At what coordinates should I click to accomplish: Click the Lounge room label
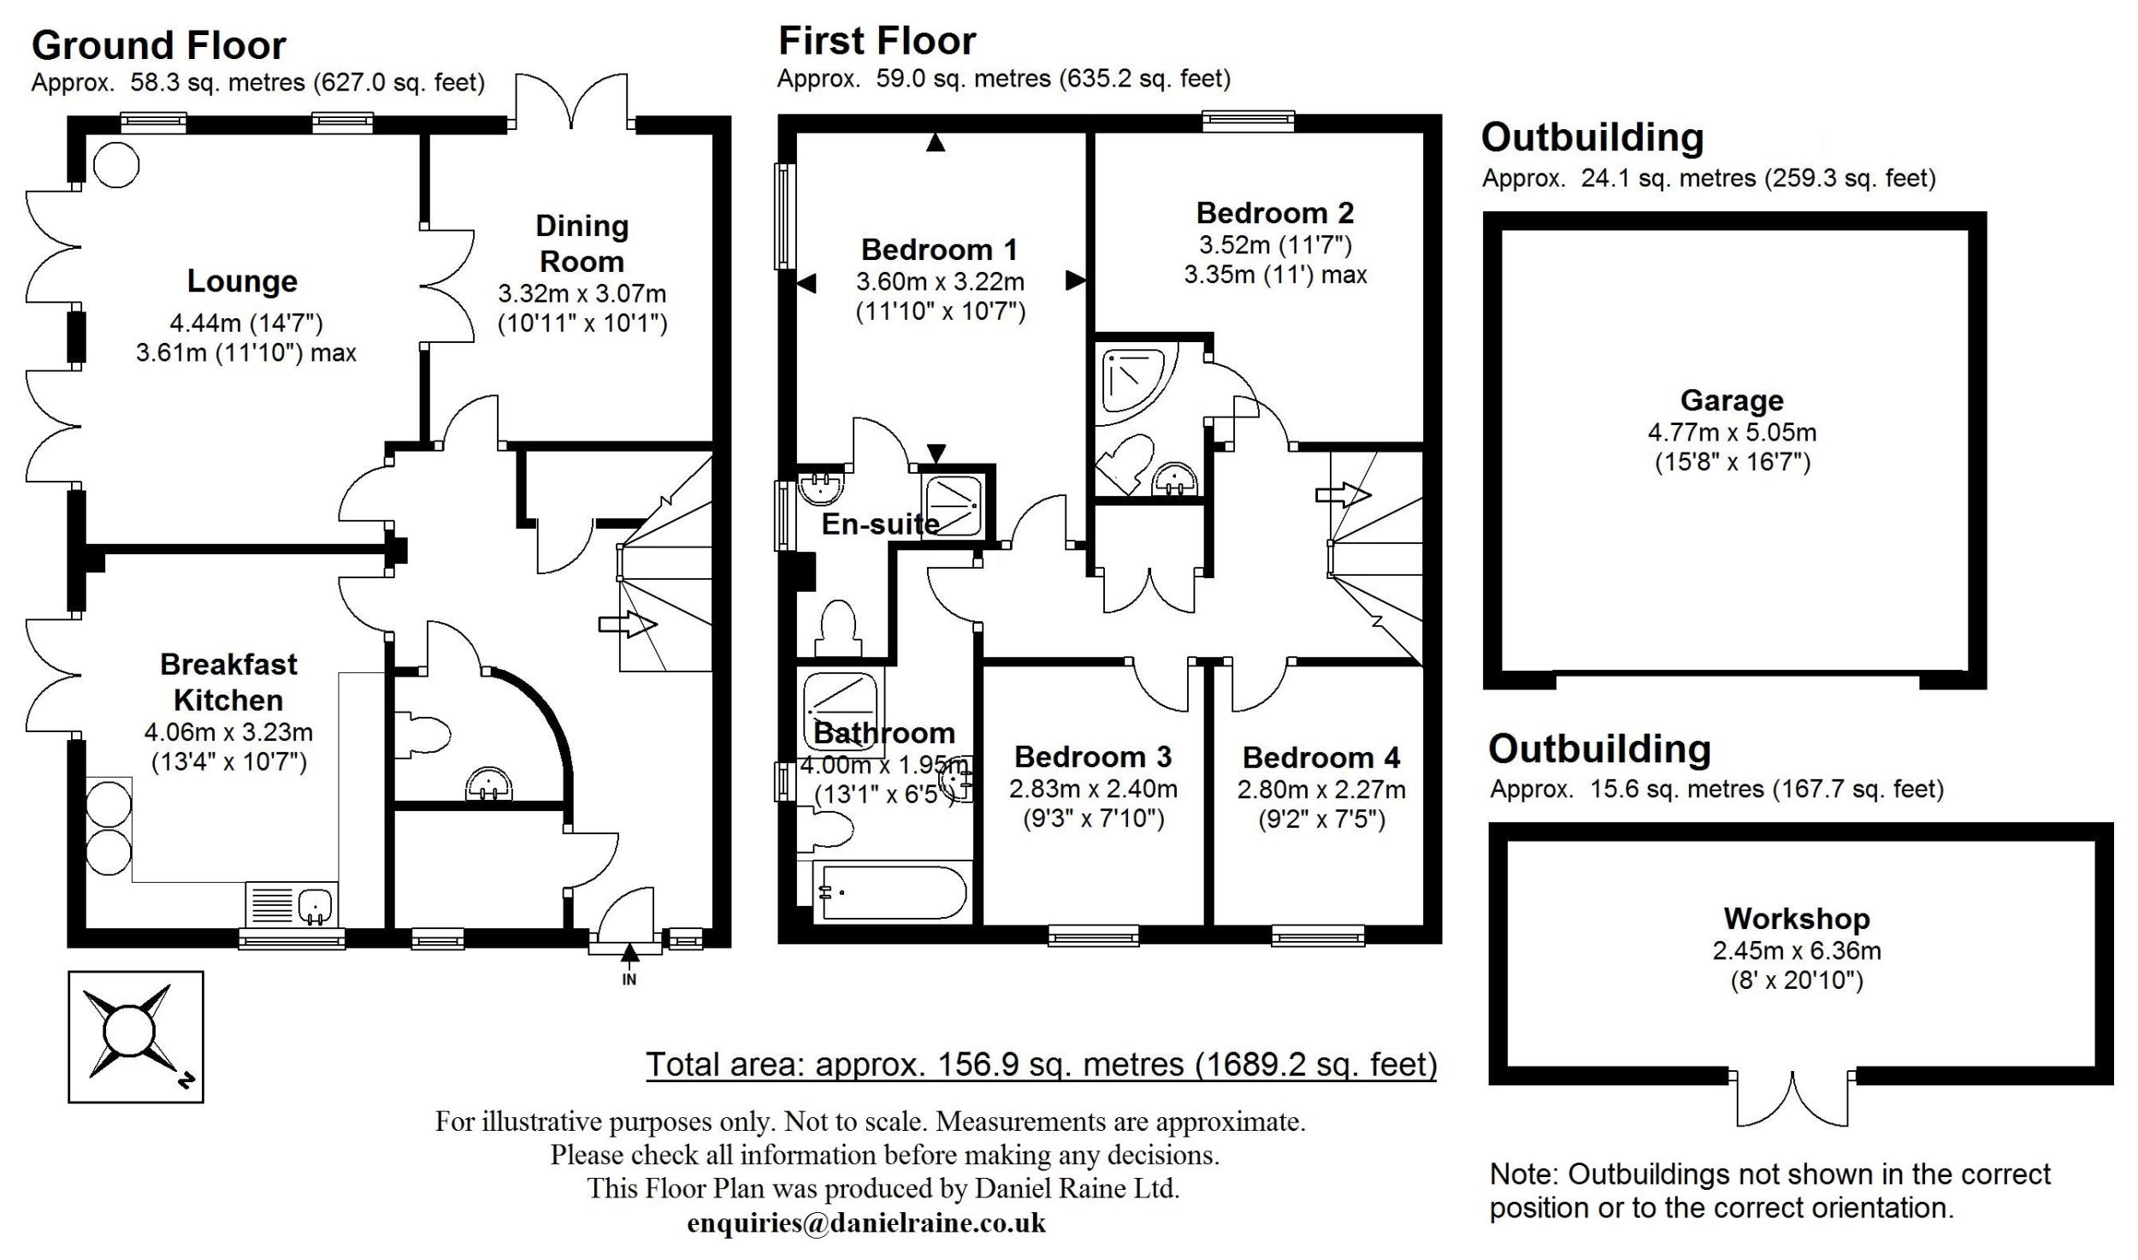pos(242,281)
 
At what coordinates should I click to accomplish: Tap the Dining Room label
pos(582,244)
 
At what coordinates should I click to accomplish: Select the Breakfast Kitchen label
pos(228,682)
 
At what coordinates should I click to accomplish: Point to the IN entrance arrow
pos(629,954)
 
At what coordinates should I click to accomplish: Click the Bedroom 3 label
pos(1092,757)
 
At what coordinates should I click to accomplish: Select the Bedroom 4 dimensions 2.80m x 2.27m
pos(1321,790)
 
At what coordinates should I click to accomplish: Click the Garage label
pos(1732,400)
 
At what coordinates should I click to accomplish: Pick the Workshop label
pos(1796,919)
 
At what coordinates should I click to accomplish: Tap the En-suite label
pos(880,524)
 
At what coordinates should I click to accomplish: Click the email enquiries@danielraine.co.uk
pos(865,1223)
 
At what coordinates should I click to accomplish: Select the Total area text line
pos(1041,1065)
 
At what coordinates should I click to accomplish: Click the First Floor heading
pos(877,41)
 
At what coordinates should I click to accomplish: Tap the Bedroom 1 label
pos(939,250)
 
